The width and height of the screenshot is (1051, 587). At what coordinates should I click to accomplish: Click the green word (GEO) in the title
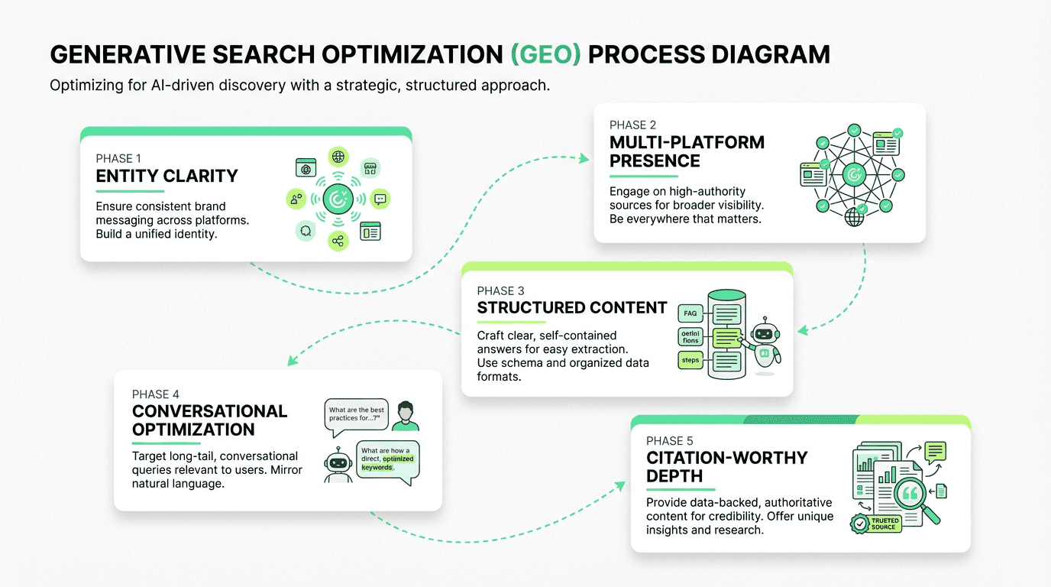coord(545,55)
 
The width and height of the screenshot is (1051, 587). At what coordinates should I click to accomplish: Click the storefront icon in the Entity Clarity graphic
coord(370,169)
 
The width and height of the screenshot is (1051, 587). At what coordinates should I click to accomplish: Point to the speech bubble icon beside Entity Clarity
coord(380,199)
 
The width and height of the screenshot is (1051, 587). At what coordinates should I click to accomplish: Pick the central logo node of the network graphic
coord(854,175)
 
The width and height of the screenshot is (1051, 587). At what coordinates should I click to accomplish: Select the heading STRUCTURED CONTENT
coord(572,308)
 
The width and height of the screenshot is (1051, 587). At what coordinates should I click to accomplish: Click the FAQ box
coord(690,313)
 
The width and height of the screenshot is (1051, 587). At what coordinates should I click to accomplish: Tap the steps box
coord(690,360)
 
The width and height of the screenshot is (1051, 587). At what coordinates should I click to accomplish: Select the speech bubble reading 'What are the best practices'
coord(356,415)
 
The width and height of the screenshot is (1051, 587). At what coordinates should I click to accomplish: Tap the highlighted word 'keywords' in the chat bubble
coord(377,467)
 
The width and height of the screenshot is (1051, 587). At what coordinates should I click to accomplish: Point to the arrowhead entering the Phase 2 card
coord(585,158)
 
